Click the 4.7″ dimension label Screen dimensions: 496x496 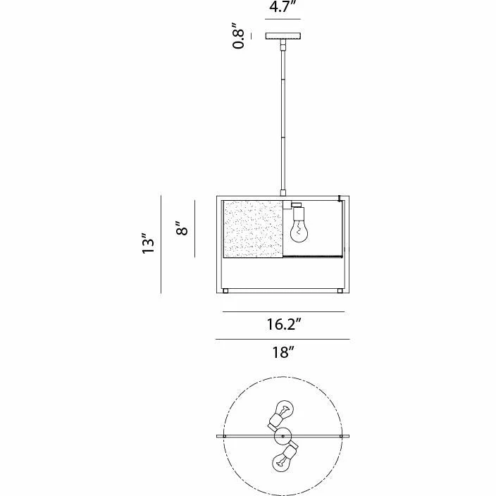[283, 6]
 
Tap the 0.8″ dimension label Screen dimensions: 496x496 [238, 36]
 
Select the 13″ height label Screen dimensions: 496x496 [148, 244]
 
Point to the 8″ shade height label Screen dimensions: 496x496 [182, 228]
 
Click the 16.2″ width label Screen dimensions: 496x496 [283, 324]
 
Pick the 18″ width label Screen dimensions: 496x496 [283, 352]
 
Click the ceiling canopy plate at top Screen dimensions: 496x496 [283, 36]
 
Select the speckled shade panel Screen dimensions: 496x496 [253, 229]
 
